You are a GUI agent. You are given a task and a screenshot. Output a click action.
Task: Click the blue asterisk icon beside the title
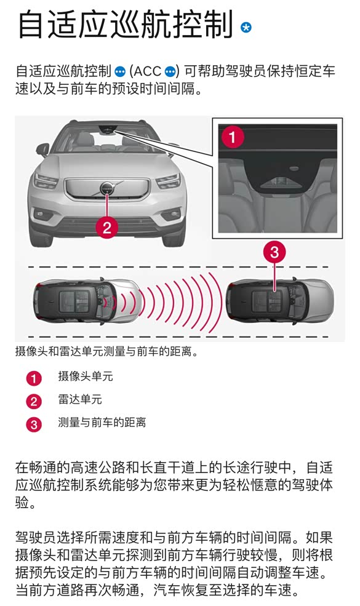[246, 28]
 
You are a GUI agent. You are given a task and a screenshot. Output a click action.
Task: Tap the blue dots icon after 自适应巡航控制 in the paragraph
[120, 72]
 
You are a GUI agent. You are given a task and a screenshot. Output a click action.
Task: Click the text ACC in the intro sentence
[147, 71]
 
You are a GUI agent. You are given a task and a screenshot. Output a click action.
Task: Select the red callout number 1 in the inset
[233, 137]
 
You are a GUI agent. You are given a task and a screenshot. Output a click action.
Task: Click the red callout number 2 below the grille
[107, 227]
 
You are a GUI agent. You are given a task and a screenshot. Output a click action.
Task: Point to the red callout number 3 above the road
[274, 252]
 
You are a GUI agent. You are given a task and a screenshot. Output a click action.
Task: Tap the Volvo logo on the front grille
[107, 189]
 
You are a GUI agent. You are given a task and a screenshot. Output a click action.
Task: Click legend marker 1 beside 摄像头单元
[34, 378]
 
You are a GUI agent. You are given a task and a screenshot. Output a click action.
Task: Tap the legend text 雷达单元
[80, 399]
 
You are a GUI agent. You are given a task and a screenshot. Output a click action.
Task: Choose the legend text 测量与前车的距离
[102, 423]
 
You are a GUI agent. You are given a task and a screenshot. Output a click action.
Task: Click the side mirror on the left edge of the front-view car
[42, 149]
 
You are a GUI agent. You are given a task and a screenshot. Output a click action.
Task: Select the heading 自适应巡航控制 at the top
[126, 24]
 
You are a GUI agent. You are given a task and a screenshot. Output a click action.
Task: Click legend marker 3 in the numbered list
[34, 425]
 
